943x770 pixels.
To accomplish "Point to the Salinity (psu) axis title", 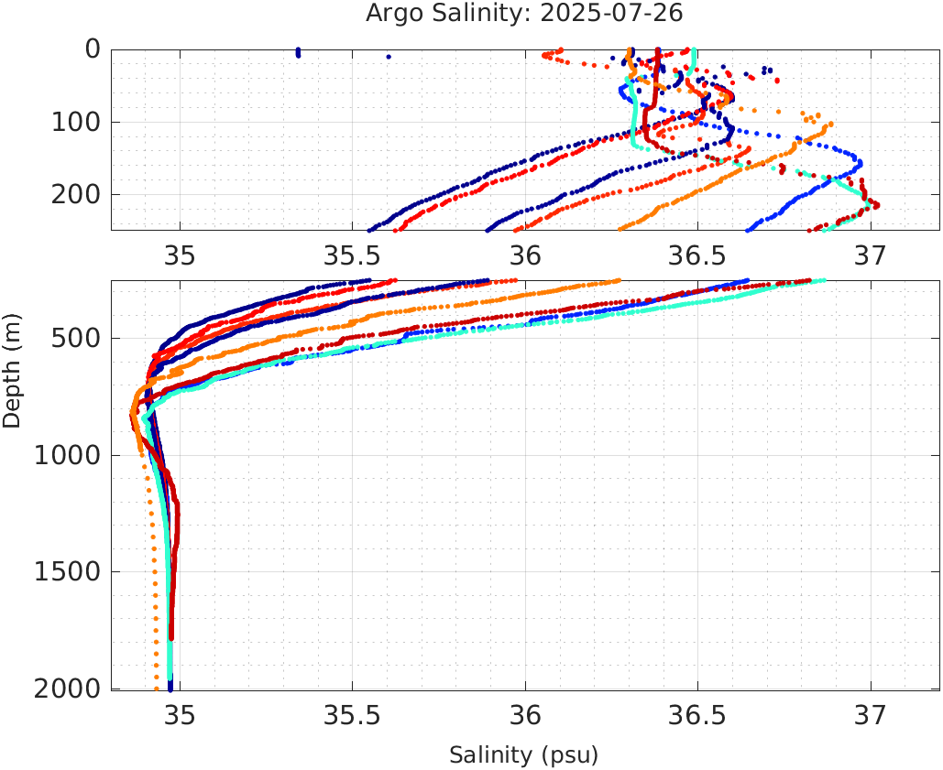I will [523, 755].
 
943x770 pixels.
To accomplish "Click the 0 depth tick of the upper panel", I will [93, 49].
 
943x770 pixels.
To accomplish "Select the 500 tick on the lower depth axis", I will [73, 339].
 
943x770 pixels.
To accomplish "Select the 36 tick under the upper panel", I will [525, 254].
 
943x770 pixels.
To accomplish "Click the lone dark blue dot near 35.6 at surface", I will [389, 57].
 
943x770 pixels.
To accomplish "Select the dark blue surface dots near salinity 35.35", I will [298, 53].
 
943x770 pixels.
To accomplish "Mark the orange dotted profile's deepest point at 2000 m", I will [157, 689].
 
